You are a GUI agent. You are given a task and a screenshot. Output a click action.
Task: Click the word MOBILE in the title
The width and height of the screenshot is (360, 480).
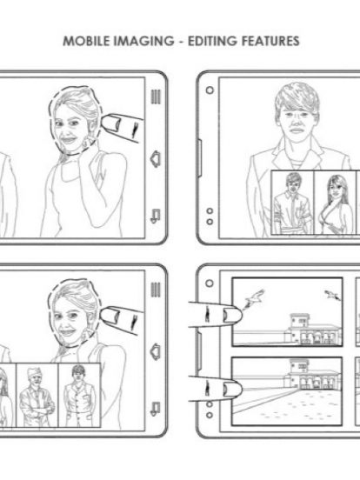[86, 41]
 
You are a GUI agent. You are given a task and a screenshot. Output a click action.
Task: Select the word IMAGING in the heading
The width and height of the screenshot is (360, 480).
[143, 41]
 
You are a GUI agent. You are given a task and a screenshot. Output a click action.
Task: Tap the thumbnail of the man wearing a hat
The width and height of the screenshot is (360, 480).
[37, 395]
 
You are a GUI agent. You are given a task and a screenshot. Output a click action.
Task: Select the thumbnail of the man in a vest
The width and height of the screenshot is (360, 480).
[79, 395]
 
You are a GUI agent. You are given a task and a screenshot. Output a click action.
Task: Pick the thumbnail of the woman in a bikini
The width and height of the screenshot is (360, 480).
[336, 203]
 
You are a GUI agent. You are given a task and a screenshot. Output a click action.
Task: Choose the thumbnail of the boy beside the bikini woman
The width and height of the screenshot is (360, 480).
[293, 203]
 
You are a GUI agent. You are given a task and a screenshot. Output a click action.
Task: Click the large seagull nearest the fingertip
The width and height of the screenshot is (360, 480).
[254, 298]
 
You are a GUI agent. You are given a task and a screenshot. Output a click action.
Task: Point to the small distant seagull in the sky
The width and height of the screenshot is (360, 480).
[332, 295]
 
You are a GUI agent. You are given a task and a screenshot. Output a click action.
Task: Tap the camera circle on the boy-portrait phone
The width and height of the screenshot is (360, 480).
[210, 90]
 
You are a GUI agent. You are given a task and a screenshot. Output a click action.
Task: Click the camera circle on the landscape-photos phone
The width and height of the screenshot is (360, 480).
[210, 283]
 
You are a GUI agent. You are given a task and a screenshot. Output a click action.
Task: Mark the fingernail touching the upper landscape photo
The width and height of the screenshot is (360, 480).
[230, 315]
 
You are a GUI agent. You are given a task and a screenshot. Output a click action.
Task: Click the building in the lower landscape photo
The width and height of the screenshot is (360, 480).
[311, 374]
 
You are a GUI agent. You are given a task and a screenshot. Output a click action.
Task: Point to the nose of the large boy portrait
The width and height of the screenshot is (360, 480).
[297, 122]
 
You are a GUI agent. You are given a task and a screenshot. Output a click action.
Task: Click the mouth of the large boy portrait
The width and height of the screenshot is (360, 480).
[297, 131]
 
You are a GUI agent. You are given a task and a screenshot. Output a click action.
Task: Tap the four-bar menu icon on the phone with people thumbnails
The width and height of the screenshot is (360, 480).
[156, 290]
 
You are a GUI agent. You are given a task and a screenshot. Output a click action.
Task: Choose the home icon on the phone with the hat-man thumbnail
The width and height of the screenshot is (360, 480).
[156, 351]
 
